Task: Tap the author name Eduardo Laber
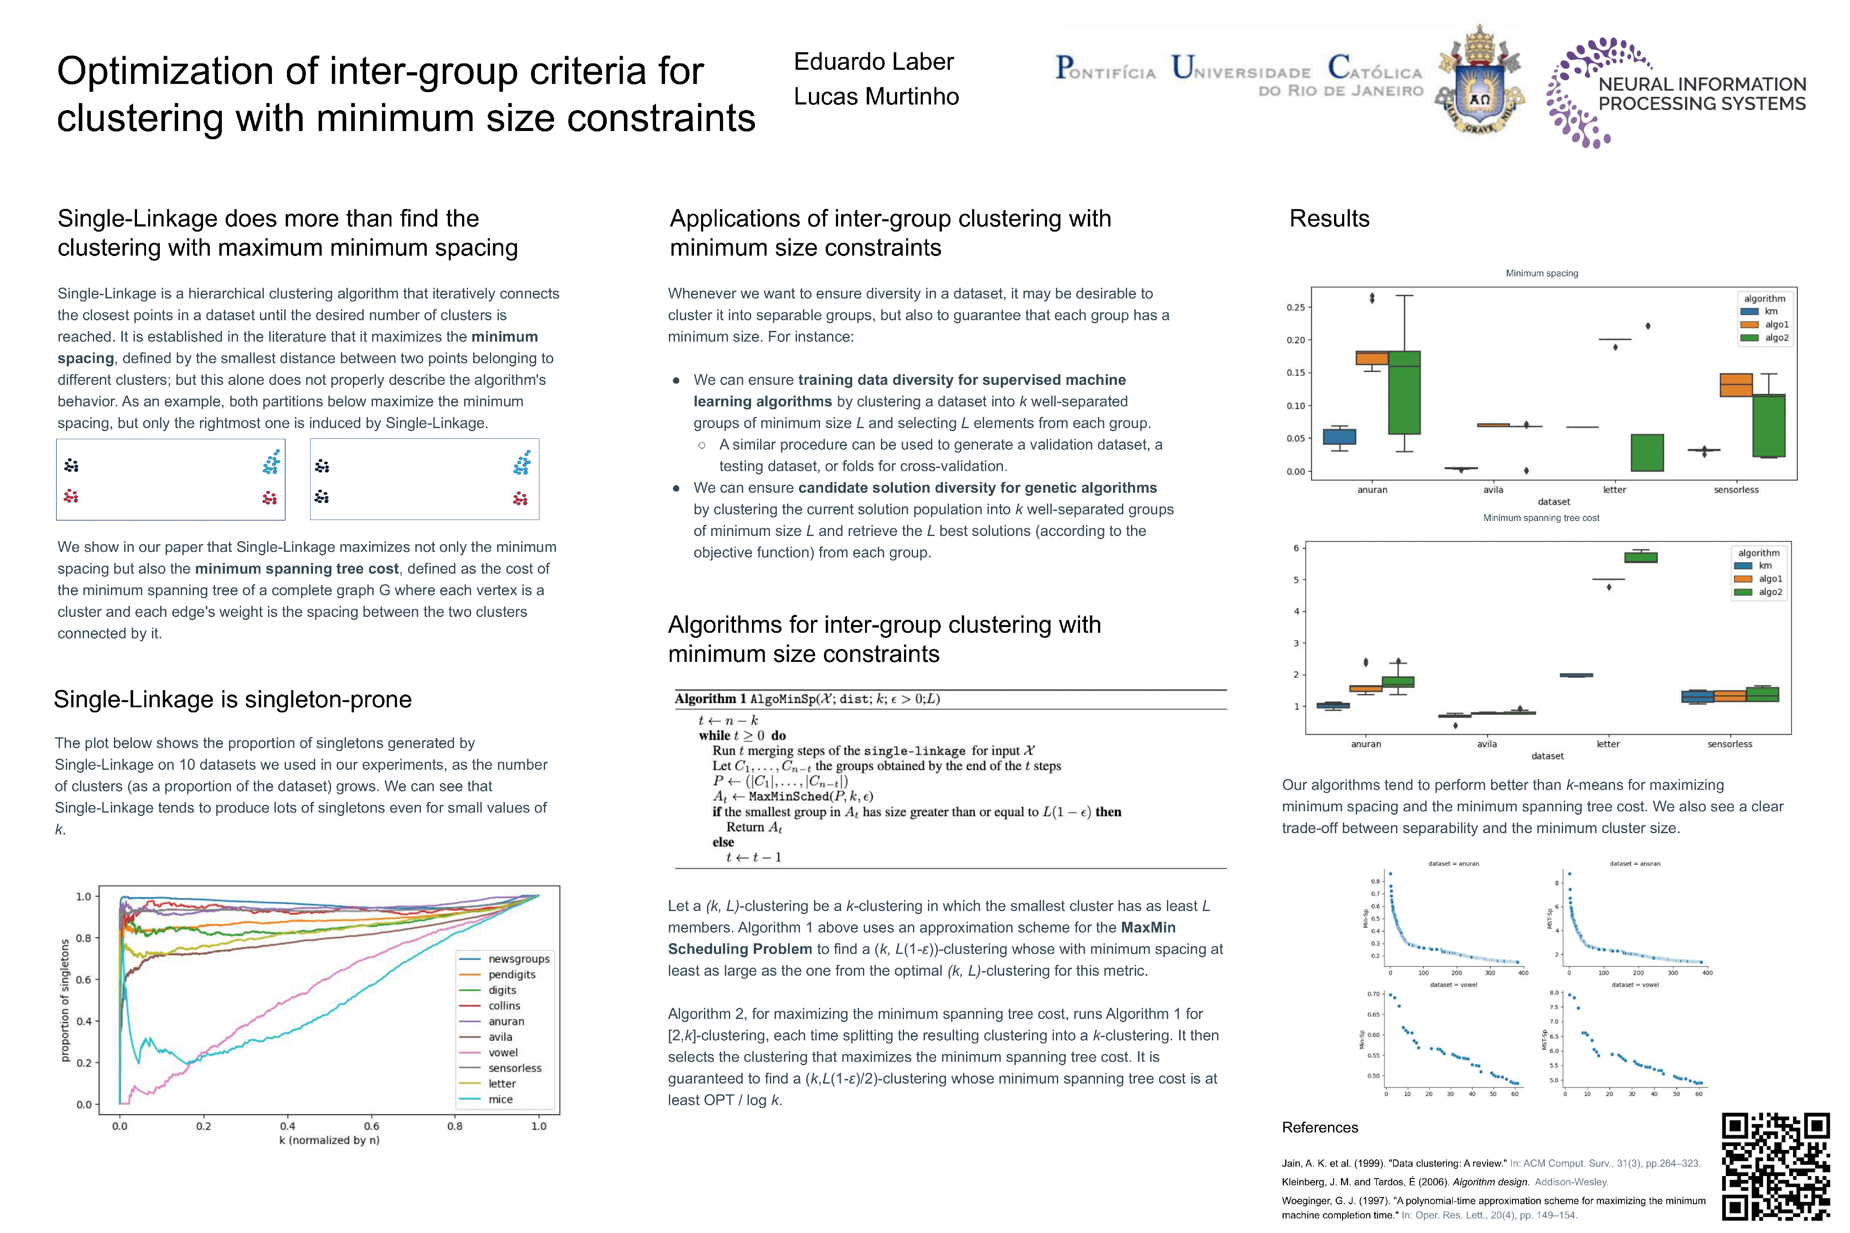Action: [x=873, y=61]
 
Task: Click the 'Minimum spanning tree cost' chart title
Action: [x=1541, y=518]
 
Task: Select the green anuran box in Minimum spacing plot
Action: [x=1404, y=393]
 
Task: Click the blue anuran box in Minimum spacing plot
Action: [x=1340, y=436]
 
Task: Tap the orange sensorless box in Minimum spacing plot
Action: [x=1736, y=384]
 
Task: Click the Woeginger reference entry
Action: [x=1493, y=1207]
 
